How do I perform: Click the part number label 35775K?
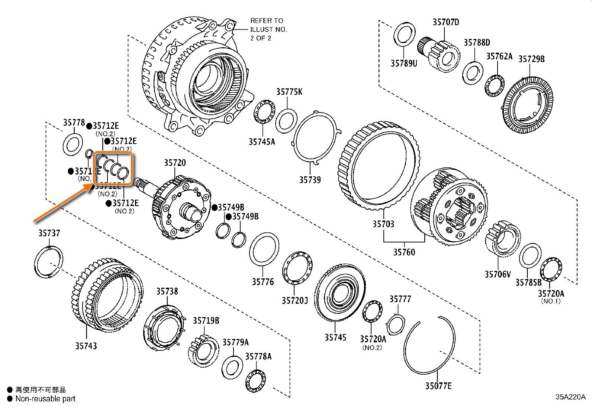(289, 92)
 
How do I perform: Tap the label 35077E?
(438, 386)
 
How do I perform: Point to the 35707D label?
(445, 22)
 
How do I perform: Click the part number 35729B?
(531, 59)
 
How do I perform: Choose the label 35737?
(49, 233)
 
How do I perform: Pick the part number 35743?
(86, 346)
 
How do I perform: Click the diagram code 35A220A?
(571, 396)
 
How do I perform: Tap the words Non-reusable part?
(45, 399)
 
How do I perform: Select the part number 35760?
(404, 252)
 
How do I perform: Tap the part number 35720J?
(295, 300)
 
